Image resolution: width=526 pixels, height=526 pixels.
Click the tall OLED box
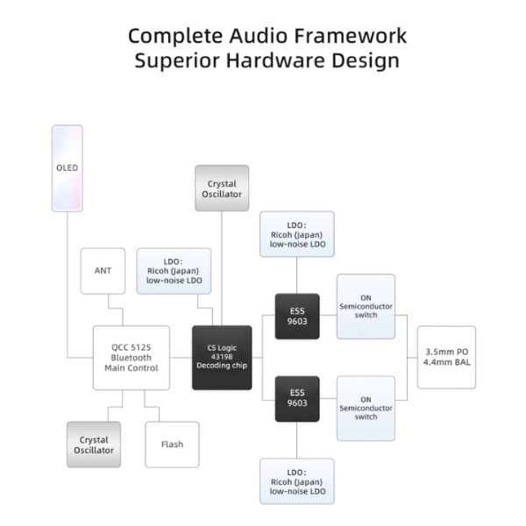(68, 167)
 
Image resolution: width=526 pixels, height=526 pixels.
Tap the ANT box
(103, 271)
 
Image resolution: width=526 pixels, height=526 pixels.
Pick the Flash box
(172, 444)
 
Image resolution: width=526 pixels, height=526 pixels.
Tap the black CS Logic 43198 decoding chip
(222, 358)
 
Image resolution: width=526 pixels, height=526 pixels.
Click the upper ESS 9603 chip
(297, 315)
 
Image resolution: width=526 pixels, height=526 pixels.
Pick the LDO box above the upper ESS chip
(297, 234)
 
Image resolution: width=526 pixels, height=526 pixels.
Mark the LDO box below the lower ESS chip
(297, 480)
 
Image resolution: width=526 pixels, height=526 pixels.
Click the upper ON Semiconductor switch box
(366, 306)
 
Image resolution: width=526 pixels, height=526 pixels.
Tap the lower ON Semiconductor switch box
(366, 408)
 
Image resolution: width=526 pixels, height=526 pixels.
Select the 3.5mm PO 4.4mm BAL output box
(446, 358)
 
